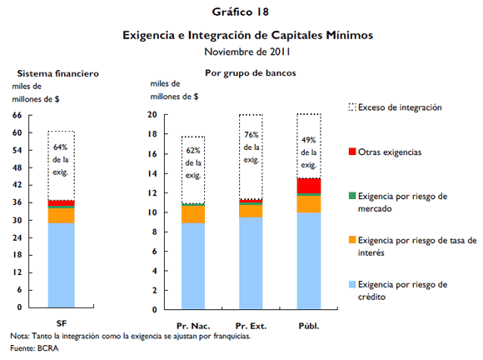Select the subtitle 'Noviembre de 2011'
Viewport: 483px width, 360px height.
[x=240, y=52]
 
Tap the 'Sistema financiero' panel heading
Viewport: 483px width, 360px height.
[x=58, y=73]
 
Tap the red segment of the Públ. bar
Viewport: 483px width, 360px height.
[x=309, y=185]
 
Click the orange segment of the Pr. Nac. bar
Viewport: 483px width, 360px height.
[x=193, y=214]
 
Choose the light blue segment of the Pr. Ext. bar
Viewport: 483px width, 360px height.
[x=251, y=262]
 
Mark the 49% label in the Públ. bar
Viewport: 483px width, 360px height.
[x=309, y=139]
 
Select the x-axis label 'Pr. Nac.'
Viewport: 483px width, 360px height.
[x=193, y=323]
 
